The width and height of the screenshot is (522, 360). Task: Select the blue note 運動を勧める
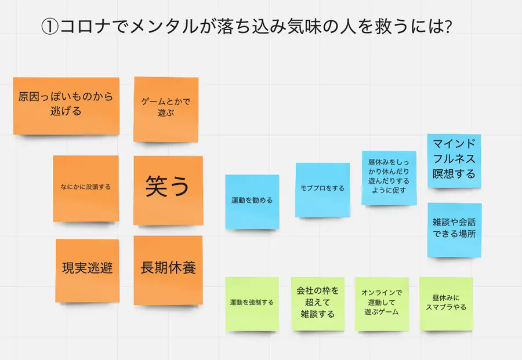[252, 201]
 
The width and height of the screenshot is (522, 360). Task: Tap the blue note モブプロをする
[322, 190]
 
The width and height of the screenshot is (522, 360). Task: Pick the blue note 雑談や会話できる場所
[454, 230]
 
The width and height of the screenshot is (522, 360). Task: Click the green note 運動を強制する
[252, 303]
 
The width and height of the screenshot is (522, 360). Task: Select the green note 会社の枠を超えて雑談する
[318, 303]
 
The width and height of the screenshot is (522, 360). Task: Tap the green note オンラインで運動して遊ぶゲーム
[381, 303]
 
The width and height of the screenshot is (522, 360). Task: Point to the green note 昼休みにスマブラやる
[445, 303]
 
